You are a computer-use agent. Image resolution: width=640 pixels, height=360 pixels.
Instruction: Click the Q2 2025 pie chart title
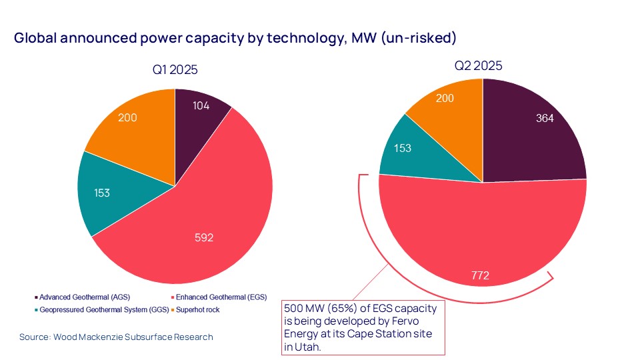pos(478,65)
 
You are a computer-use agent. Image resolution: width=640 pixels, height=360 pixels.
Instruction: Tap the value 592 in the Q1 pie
pos(203,237)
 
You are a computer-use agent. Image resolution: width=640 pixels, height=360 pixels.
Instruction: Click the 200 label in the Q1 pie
pos(127,118)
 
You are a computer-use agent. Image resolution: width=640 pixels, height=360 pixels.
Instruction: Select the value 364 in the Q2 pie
pos(546,118)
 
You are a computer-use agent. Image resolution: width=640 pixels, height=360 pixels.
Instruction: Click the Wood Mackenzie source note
pos(117,337)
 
